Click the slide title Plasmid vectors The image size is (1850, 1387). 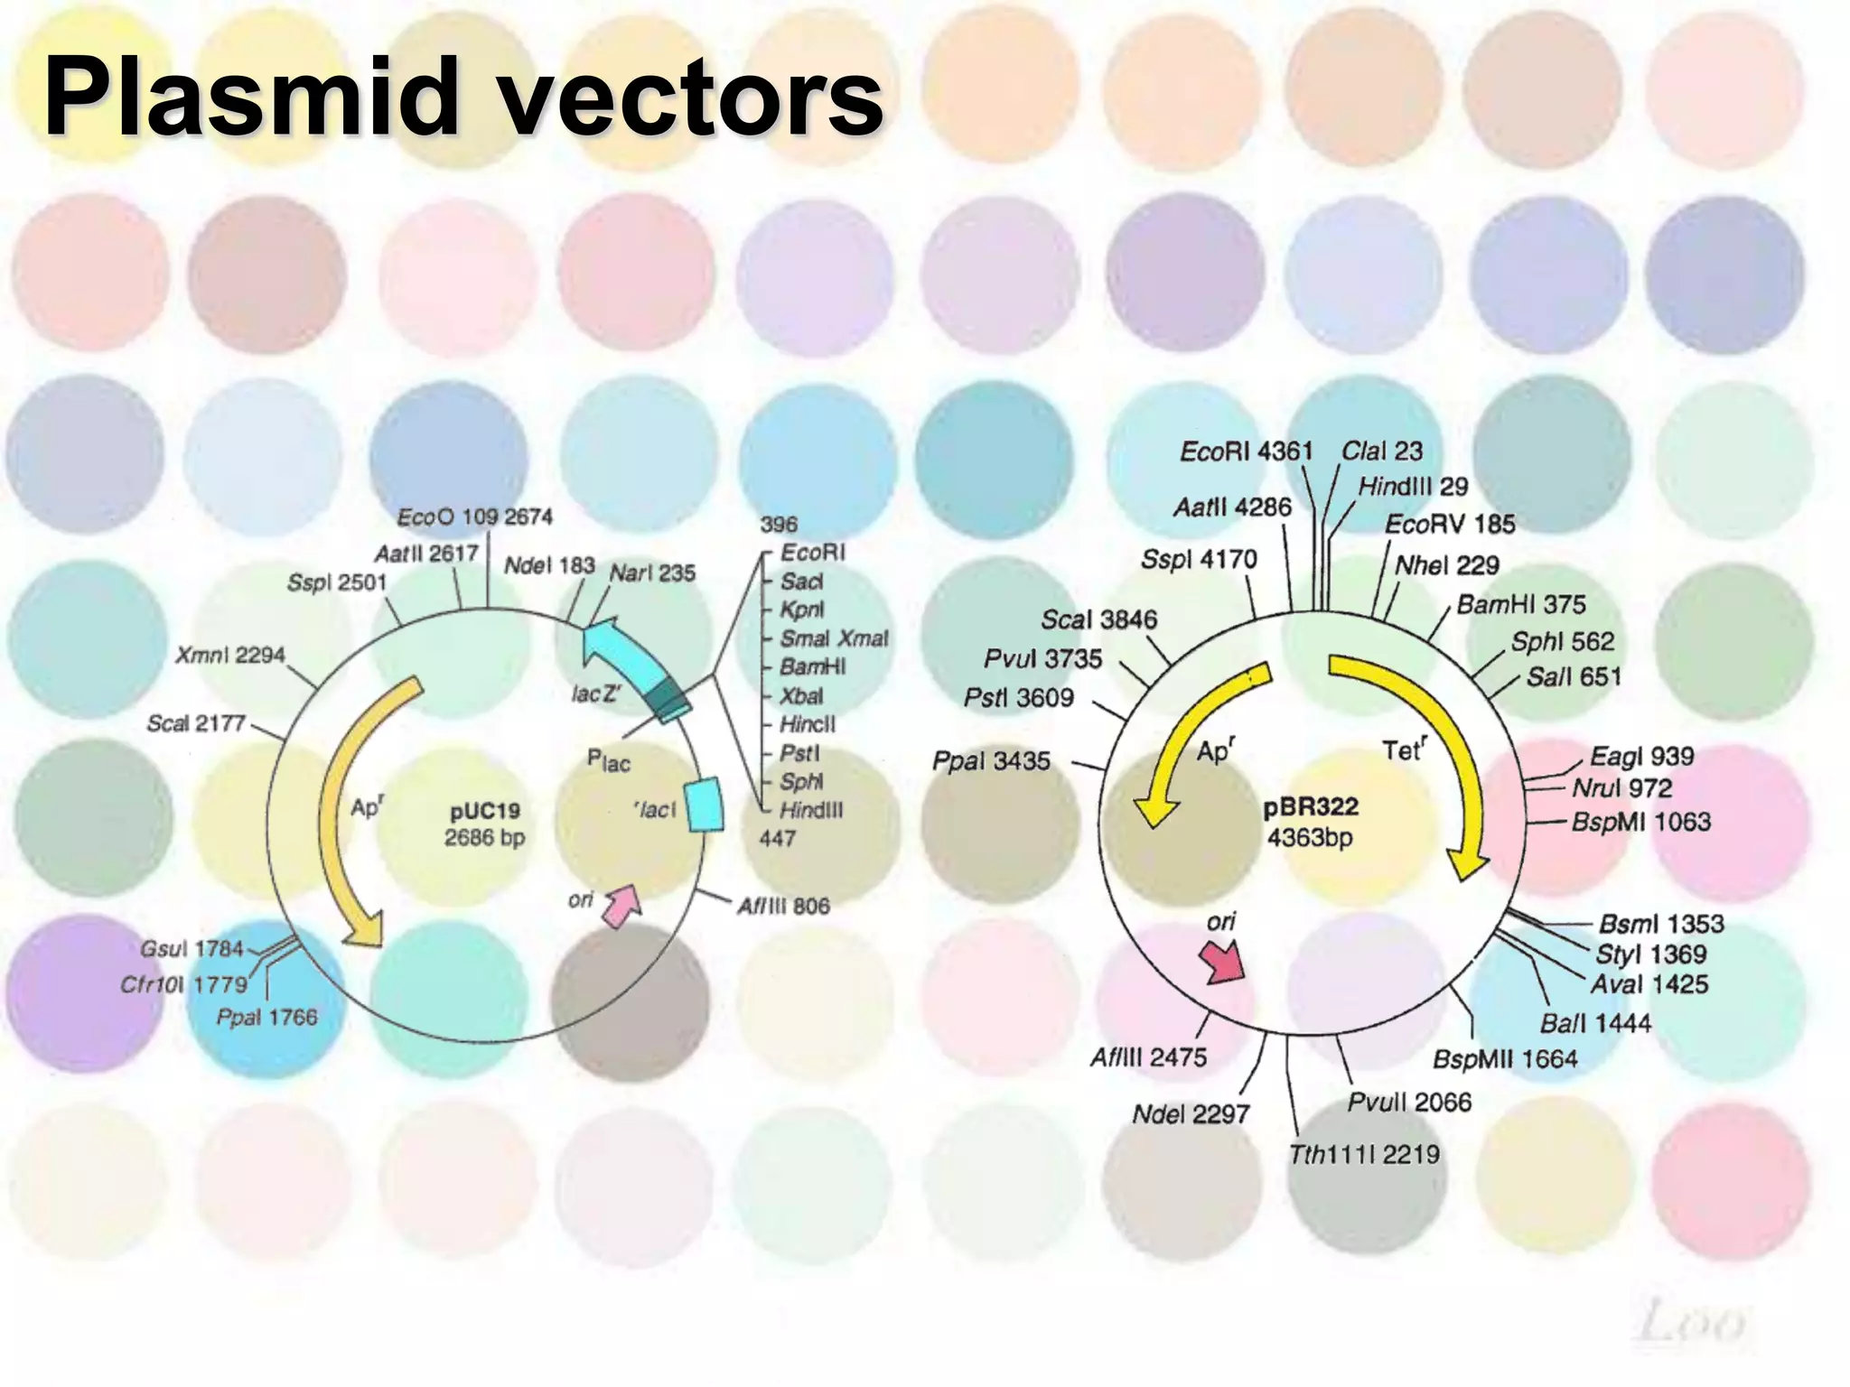[462, 98]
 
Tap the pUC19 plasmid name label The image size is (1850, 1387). [485, 810]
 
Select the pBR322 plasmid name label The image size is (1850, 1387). [1310, 806]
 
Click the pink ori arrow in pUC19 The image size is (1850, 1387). [622, 906]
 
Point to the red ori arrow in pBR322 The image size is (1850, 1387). [1223, 963]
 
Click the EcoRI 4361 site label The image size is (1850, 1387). [1246, 451]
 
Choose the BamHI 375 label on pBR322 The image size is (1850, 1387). [1521, 604]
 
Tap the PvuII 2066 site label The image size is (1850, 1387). [1409, 1102]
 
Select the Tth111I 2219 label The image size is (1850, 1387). [1364, 1154]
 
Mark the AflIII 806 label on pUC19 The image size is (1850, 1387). [783, 906]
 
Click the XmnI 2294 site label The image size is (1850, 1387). [230, 655]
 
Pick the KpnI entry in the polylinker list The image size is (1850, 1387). [802, 610]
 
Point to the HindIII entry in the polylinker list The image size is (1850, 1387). [811, 810]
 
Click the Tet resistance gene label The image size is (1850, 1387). [1404, 749]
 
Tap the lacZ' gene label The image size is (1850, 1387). [596, 693]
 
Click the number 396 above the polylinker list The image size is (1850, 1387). [779, 525]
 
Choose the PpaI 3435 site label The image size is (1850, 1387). [991, 761]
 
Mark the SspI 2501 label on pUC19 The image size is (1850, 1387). [336, 582]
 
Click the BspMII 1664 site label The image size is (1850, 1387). [1505, 1059]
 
